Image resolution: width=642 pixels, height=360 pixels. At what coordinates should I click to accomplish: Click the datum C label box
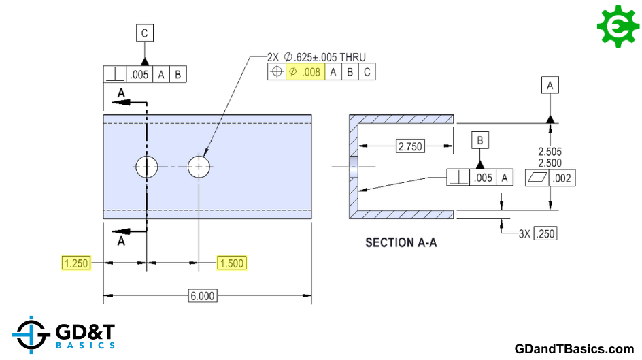(x=145, y=33)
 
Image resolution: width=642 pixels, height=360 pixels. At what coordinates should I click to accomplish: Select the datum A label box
(x=550, y=85)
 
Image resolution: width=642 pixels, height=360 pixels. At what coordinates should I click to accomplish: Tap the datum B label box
(x=480, y=140)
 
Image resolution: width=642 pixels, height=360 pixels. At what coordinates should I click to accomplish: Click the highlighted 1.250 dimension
(x=76, y=263)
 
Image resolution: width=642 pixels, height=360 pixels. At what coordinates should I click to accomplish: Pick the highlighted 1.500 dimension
(x=232, y=263)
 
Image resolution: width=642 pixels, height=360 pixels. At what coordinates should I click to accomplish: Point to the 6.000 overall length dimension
(x=203, y=296)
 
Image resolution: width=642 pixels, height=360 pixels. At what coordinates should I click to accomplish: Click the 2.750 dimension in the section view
(x=410, y=146)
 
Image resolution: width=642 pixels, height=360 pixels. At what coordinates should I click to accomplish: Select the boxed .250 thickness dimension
(x=545, y=234)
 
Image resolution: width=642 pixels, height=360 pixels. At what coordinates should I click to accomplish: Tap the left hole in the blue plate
(x=147, y=167)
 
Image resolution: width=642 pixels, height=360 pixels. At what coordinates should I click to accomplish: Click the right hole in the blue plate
(x=199, y=167)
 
